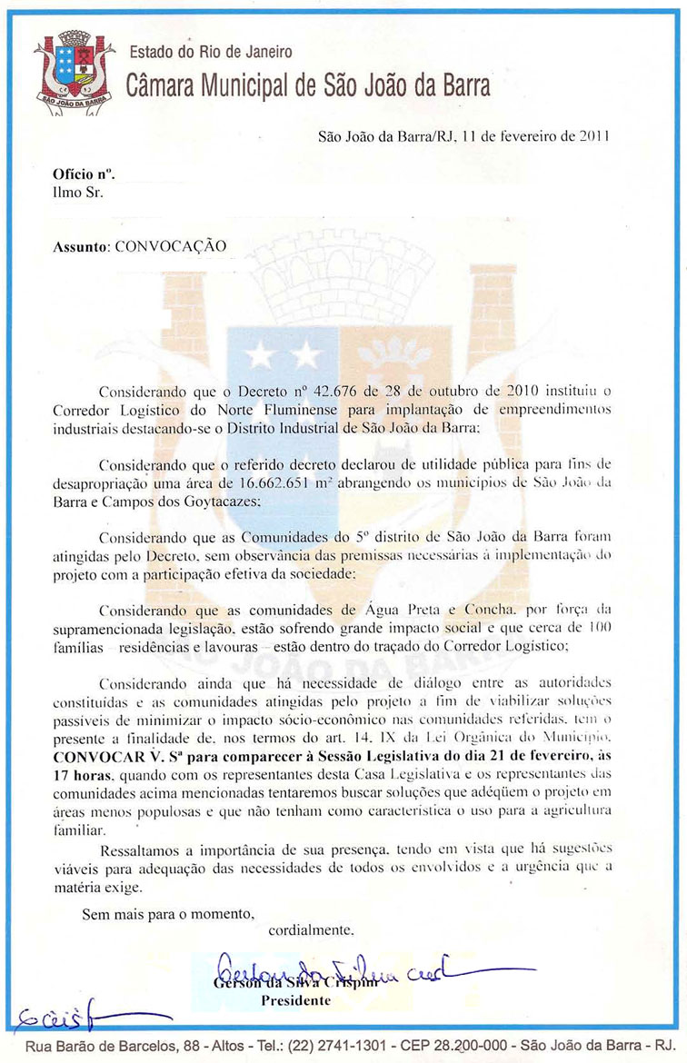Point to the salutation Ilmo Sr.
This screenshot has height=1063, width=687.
coord(78,192)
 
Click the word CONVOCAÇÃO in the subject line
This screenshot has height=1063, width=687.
coord(170,246)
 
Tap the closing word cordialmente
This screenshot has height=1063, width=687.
coord(312,929)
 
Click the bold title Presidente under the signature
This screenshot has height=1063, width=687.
coord(295,1000)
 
